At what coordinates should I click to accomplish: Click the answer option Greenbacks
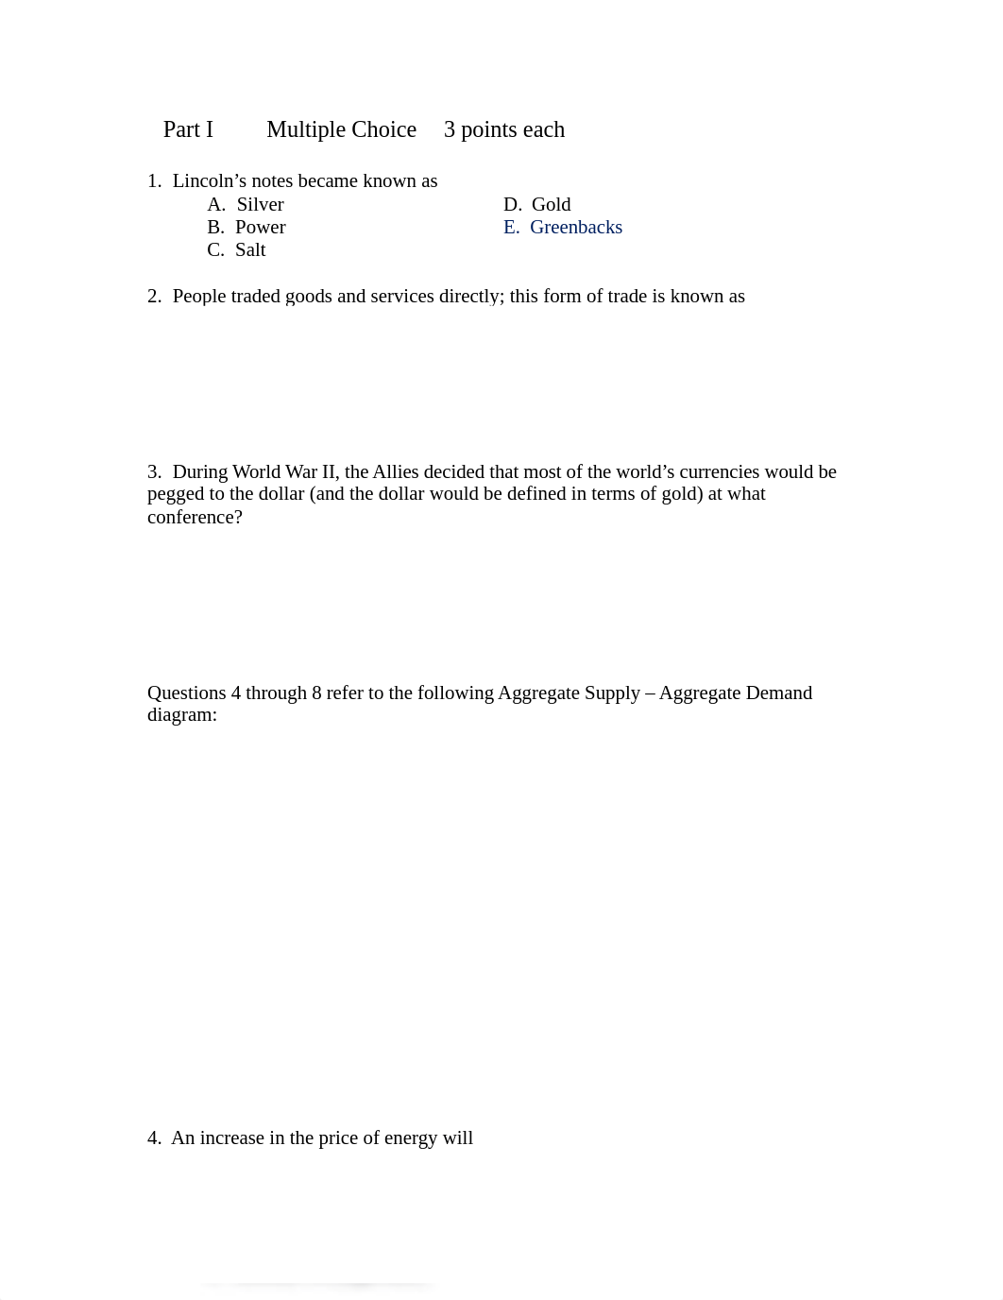(x=576, y=228)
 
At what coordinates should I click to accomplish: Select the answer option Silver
(x=260, y=205)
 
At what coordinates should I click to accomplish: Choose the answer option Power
(x=260, y=228)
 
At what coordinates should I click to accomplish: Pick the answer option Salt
(x=250, y=250)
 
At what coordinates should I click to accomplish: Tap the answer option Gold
(x=551, y=205)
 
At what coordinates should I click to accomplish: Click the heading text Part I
(x=188, y=130)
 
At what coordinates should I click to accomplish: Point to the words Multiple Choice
(x=341, y=130)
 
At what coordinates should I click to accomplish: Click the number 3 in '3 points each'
(x=450, y=130)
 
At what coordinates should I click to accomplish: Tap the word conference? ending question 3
(x=195, y=518)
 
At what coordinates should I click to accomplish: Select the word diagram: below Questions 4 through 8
(x=181, y=715)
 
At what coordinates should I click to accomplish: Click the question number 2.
(x=154, y=297)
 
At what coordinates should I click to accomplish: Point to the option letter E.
(x=511, y=228)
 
